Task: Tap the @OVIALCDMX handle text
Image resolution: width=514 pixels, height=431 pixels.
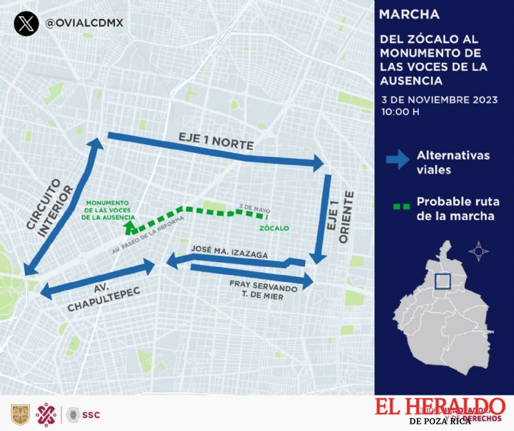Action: pyautogui.click(x=84, y=23)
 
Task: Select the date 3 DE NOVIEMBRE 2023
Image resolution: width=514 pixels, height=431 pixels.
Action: pyautogui.click(x=439, y=99)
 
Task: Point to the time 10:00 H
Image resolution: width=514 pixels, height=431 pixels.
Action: pyautogui.click(x=400, y=111)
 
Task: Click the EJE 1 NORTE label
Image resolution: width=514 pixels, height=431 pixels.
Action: pyautogui.click(x=208, y=139)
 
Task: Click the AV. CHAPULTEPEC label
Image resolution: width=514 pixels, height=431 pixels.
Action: pyautogui.click(x=97, y=297)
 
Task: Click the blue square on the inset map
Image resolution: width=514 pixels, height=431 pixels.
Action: pyautogui.click(x=442, y=283)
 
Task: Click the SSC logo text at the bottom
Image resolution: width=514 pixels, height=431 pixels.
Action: pyautogui.click(x=91, y=414)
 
